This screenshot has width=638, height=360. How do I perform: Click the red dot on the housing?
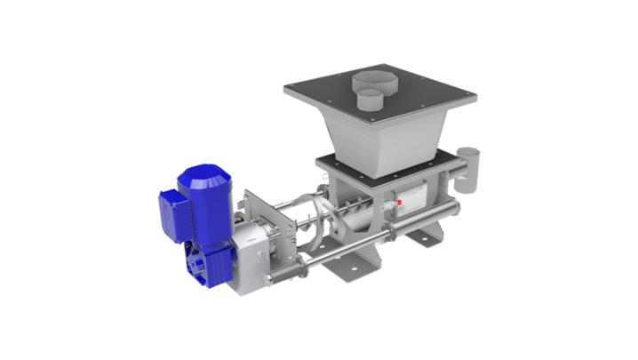400,203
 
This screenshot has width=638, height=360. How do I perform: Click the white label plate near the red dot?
413,198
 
